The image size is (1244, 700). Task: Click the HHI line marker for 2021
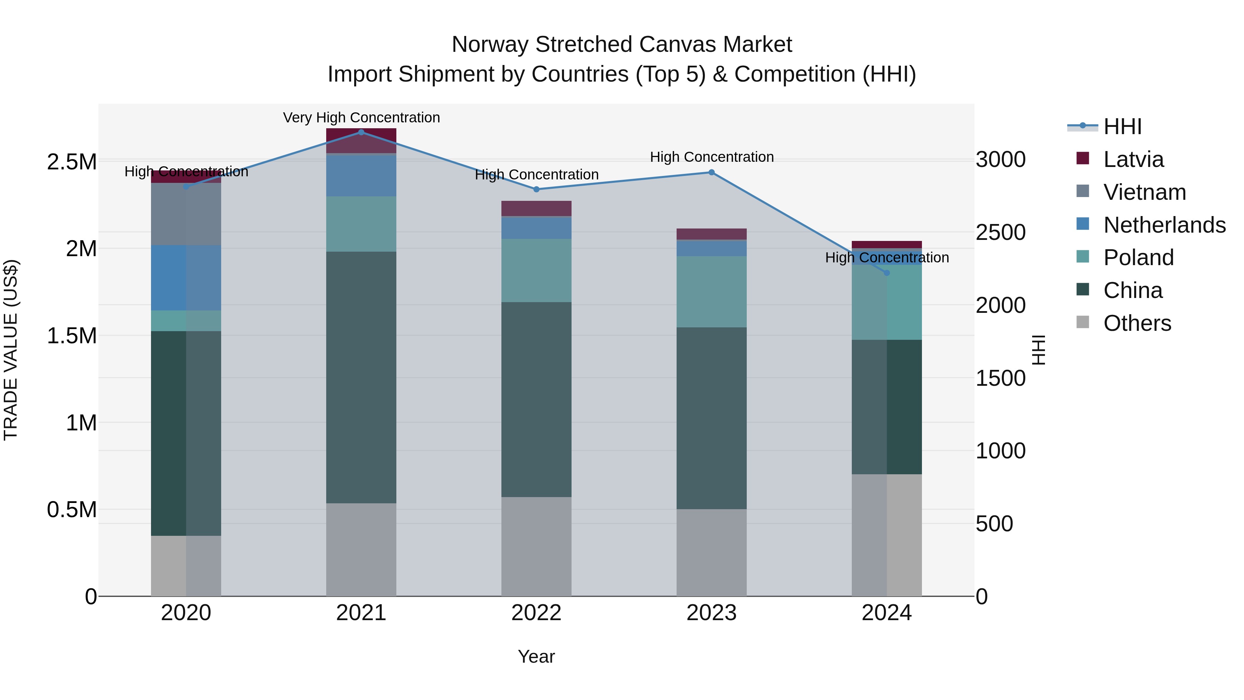point(361,132)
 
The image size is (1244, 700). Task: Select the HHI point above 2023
point(711,172)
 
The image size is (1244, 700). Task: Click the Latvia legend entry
point(1133,159)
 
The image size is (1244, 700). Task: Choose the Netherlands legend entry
point(1164,225)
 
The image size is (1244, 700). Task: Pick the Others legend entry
point(1137,323)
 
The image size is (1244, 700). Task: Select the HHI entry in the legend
point(1122,127)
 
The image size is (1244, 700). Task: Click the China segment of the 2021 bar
point(361,377)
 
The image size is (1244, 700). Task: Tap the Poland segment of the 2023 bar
point(711,292)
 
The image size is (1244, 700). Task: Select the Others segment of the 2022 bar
point(536,546)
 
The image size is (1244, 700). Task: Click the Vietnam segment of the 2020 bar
point(186,214)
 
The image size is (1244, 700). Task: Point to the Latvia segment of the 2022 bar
point(536,208)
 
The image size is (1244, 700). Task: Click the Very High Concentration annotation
point(361,118)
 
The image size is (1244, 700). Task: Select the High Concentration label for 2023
point(711,157)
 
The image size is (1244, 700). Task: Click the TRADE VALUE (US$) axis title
point(11,350)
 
